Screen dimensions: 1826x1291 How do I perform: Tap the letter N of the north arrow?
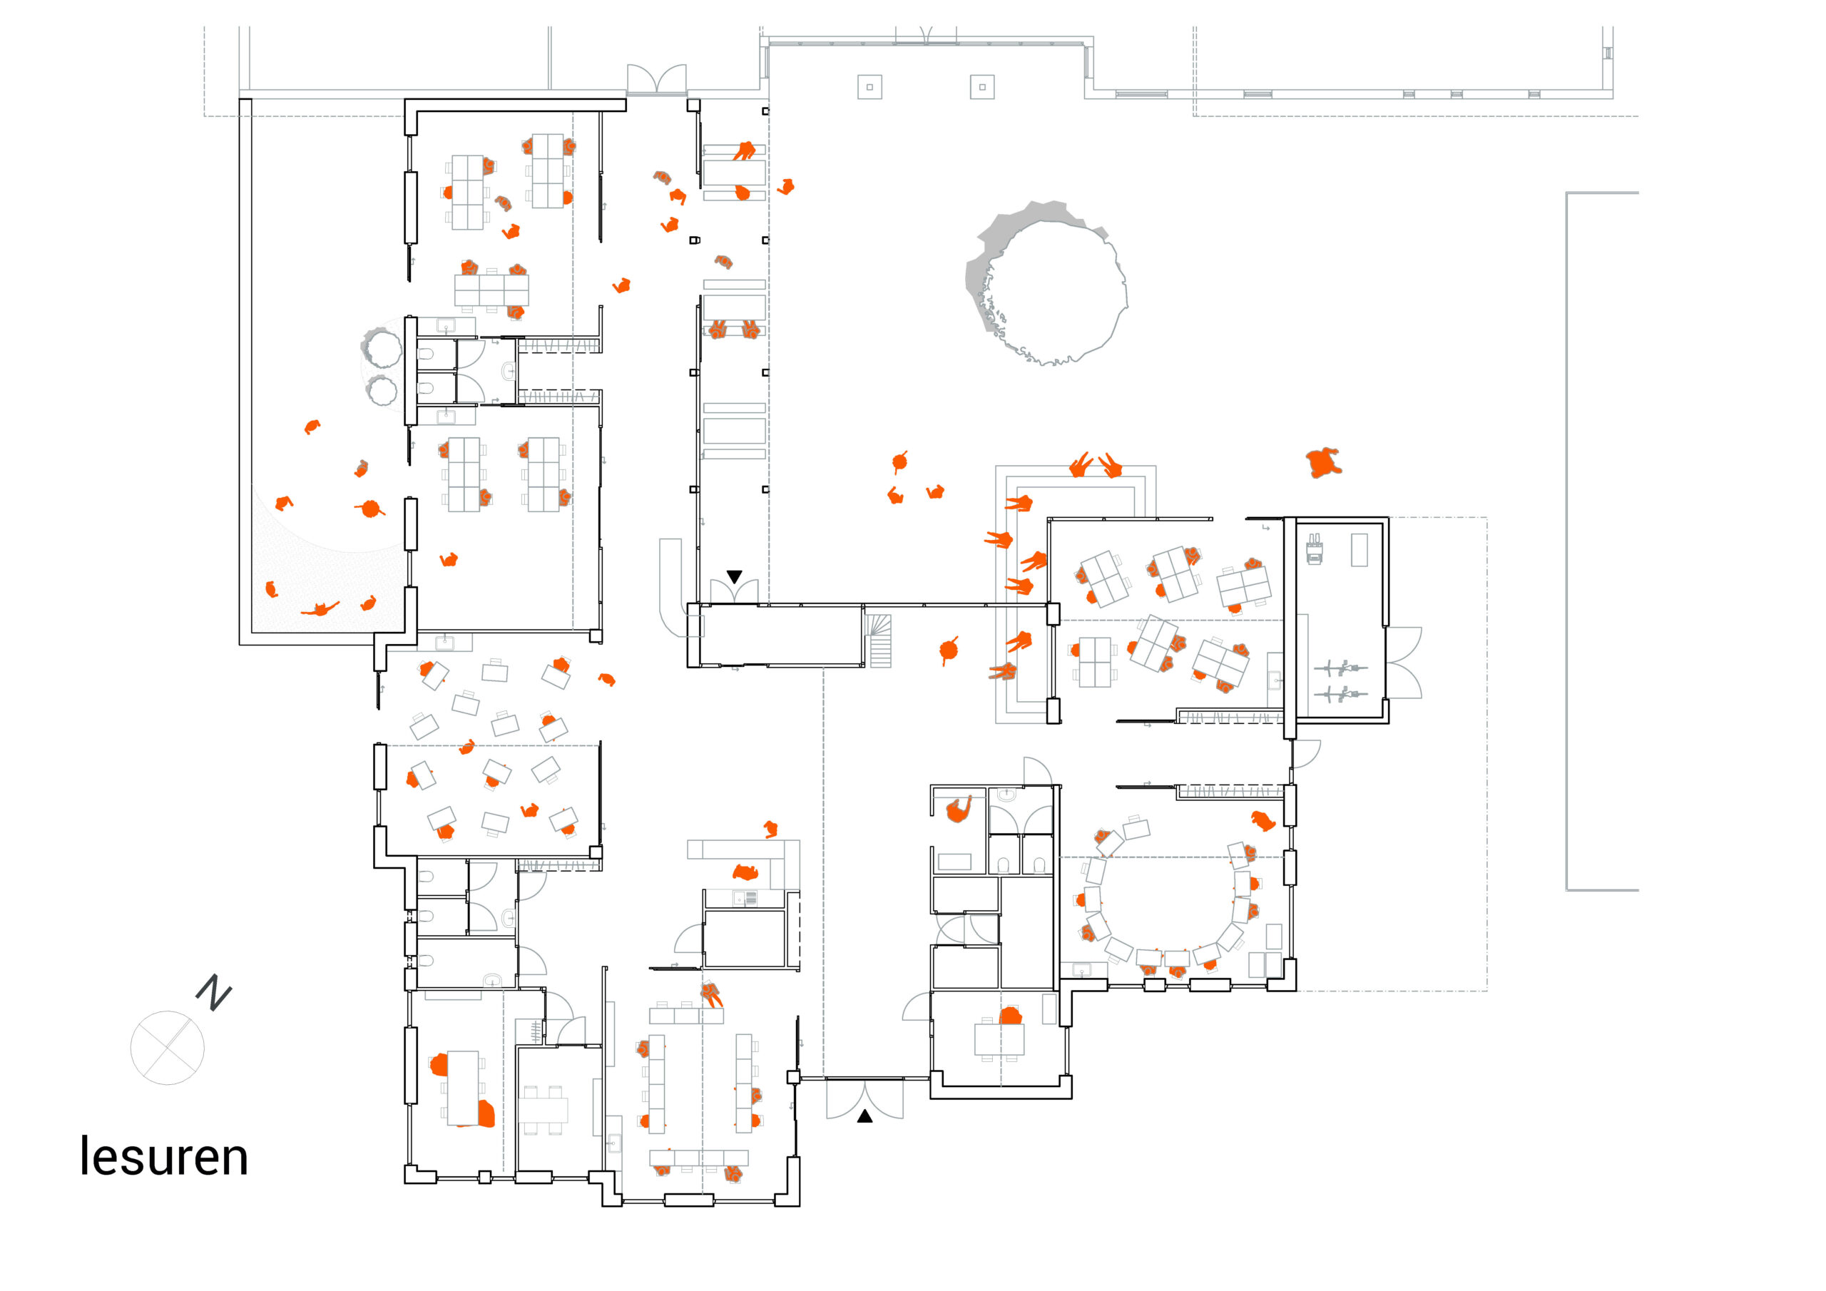click(213, 993)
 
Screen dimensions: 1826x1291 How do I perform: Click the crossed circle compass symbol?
click(167, 1048)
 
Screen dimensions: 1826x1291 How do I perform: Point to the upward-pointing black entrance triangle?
click(864, 1117)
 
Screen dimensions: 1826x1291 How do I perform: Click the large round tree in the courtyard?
click(1047, 282)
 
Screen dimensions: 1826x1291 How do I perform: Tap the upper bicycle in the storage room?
click(1340, 668)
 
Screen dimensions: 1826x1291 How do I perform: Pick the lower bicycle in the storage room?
click(1340, 695)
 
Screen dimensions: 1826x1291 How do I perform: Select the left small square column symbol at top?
click(869, 87)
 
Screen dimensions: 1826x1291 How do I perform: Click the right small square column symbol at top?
click(982, 87)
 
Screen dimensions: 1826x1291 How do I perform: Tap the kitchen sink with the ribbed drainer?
click(745, 898)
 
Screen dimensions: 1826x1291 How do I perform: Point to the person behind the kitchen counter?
click(745, 872)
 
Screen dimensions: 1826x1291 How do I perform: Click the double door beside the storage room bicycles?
click(1404, 663)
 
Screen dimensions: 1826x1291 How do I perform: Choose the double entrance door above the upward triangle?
click(864, 1098)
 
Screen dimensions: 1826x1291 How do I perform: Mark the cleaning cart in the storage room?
click(1315, 549)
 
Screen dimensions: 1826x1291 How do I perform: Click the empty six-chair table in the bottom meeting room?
click(544, 1110)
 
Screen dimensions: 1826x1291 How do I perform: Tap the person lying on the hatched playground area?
click(320, 610)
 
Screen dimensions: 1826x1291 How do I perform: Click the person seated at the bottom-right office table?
click(1010, 1016)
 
